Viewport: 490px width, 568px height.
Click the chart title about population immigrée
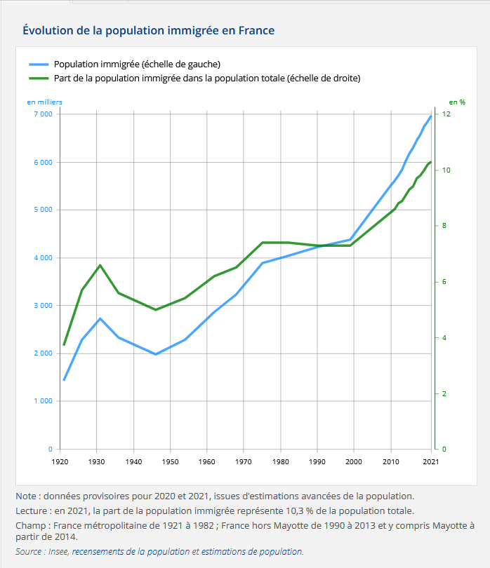point(148,31)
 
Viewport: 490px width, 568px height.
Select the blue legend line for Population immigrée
point(38,64)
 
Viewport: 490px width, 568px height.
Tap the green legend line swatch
point(38,78)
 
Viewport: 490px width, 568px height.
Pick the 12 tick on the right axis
point(446,114)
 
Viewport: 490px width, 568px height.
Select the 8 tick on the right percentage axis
point(444,226)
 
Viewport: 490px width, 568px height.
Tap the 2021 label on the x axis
point(430,461)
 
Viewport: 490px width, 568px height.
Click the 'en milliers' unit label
point(44,102)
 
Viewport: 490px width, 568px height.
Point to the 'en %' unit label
point(457,102)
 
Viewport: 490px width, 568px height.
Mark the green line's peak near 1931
point(100,265)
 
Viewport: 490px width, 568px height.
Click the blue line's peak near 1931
point(100,318)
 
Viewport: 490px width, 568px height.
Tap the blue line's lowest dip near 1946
point(156,354)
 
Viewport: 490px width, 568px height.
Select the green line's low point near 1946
point(156,310)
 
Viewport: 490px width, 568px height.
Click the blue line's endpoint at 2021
point(430,116)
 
